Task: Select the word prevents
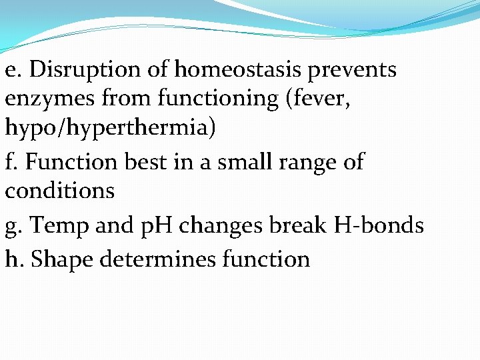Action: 352,70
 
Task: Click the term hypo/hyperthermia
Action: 110,128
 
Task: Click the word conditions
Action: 60,191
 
